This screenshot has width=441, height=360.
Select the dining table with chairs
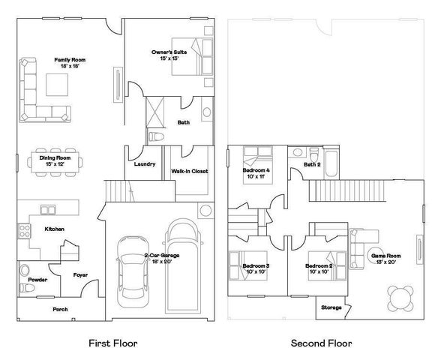[55, 162]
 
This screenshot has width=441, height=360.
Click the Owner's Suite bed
[190, 56]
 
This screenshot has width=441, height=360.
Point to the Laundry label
[144, 164]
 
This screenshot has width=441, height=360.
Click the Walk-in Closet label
[190, 171]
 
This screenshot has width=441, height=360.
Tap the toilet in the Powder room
[24, 269]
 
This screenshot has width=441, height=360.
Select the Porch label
[60, 309]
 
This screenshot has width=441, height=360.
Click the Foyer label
[80, 275]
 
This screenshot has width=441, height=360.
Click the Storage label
[331, 307]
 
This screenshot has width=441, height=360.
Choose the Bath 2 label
[312, 164]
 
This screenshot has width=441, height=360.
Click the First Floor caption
[112, 343]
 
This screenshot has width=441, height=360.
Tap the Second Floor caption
[321, 343]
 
